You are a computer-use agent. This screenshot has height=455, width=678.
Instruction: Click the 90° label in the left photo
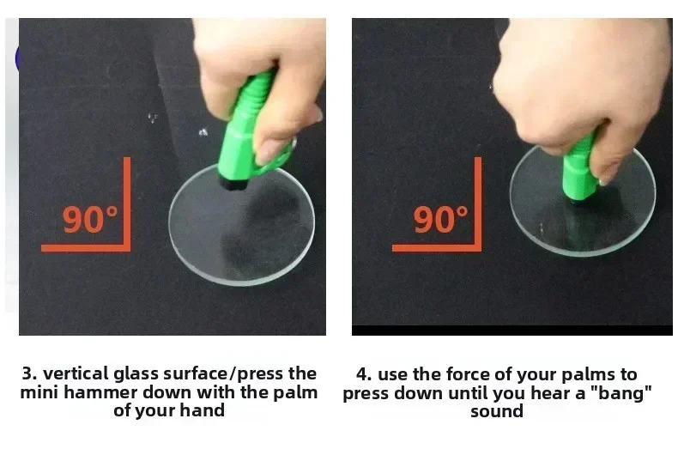pyautogui.click(x=90, y=219)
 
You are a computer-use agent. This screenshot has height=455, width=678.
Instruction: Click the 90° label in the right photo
pyautogui.click(x=440, y=219)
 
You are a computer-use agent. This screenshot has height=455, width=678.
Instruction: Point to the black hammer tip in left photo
pyautogui.click(x=233, y=182)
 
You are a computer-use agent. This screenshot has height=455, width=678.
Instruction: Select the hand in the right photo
pyautogui.click(x=579, y=87)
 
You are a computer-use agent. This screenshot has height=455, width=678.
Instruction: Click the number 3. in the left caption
pyautogui.click(x=30, y=373)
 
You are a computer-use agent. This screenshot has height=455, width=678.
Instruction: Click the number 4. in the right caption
pyautogui.click(x=364, y=374)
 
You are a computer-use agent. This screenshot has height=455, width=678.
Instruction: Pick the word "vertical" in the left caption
pyautogui.click(x=76, y=373)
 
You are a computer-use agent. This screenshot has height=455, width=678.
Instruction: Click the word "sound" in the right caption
pyautogui.click(x=497, y=411)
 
